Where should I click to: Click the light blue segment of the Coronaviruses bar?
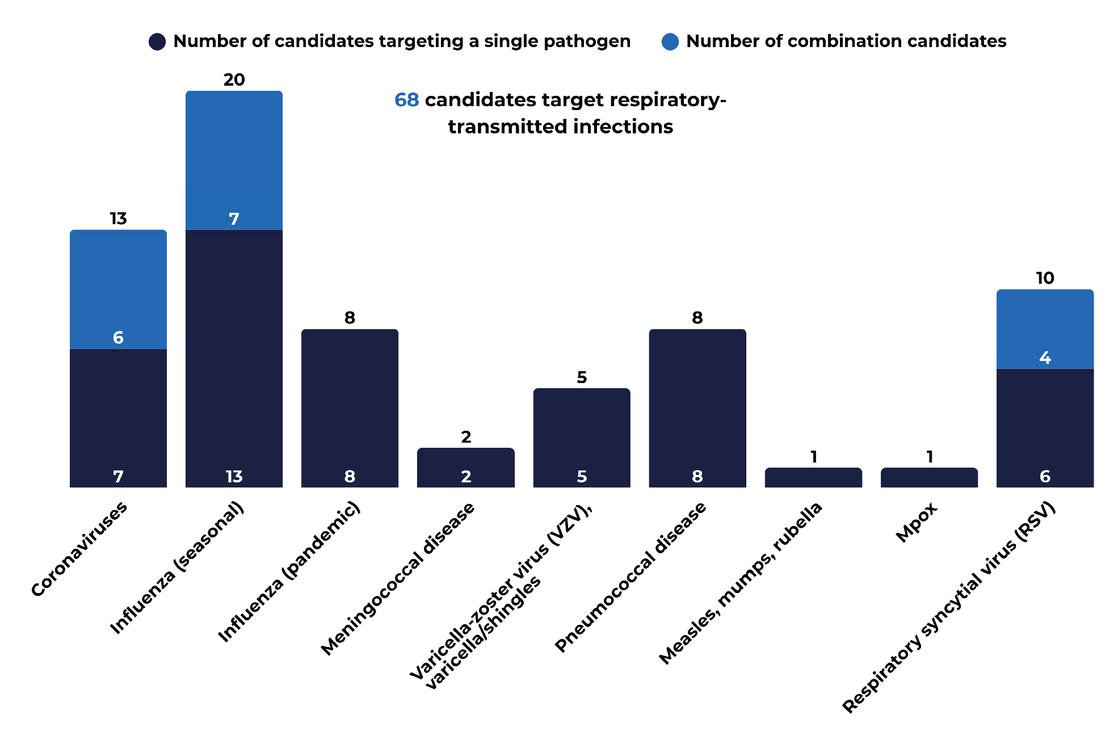pyautogui.click(x=118, y=289)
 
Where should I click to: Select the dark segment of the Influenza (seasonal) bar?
pyautogui.click(x=234, y=358)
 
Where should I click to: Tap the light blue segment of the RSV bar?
pyautogui.click(x=1045, y=329)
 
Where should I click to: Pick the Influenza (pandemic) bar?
pyautogui.click(x=350, y=408)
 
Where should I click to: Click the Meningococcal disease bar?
pyautogui.click(x=466, y=468)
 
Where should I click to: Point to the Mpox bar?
pyautogui.click(x=929, y=477)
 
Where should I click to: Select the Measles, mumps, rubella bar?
pyautogui.click(x=813, y=477)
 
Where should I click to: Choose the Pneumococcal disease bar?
pyautogui.click(x=697, y=408)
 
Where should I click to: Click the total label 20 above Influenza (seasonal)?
pyautogui.click(x=234, y=79)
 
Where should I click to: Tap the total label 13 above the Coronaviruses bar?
pyautogui.click(x=118, y=218)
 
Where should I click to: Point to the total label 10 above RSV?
pyautogui.click(x=1045, y=278)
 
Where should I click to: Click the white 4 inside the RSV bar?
pyautogui.click(x=1045, y=358)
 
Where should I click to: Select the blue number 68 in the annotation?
pyautogui.click(x=406, y=100)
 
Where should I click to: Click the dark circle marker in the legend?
pyautogui.click(x=157, y=41)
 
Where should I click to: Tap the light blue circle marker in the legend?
pyautogui.click(x=670, y=41)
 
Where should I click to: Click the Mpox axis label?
pyautogui.click(x=916, y=522)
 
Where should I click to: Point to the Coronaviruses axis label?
pyautogui.click(x=79, y=549)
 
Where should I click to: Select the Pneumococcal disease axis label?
pyautogui.click(x=630, y=577)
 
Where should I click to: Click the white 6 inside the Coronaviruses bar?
pyautogui.click(x=118, y=338)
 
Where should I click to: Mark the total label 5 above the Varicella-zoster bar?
pyautogui.click(x=582, y=377)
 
